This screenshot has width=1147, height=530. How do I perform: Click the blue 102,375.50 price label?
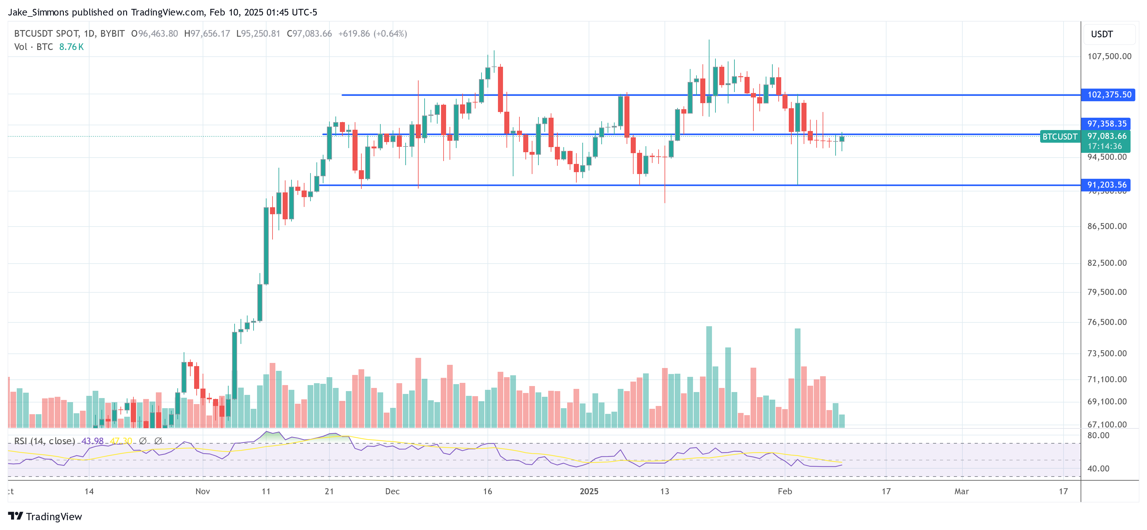pyautogui.click(x=1108, y=95)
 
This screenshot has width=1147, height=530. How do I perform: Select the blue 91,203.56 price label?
pyautogui.click(x=1107, y=184)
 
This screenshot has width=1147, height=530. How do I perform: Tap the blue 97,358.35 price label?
pyautogui.click(x=1107, y=123)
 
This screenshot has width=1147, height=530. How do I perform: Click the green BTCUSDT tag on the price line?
pyautogui.click(x=1059, y=136)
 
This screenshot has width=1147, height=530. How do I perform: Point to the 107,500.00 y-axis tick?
pyautogui.click(x=1109, y=56)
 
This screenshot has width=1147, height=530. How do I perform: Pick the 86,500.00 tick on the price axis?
pyautogui.click(x=1107, y=226)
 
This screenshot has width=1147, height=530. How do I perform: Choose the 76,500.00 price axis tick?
pyautogui.click(x=1107, y=322)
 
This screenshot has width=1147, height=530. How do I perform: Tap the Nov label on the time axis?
pyautogui.click(x=203, y=491)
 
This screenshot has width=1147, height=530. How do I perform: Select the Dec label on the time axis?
pyautogui.click(x=392, y=491)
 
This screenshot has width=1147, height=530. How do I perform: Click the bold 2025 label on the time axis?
pyautogui.click(x=589, y=491)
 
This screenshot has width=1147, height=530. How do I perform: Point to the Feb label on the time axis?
pyautogui.click(x=785, y=491)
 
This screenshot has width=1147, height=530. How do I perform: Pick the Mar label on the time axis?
pyautogui.click(x=961, y=491)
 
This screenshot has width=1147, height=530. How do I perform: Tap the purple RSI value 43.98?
pyautogui.click(x=92, y=441)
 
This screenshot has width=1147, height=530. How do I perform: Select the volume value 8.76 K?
pyautogui.click(x=71, y=47)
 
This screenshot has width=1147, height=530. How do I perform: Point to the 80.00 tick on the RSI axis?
pyautogui.click(x=1098, y=435)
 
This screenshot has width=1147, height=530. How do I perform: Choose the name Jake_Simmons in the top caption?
pyautogui.click(x=38, y=12)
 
